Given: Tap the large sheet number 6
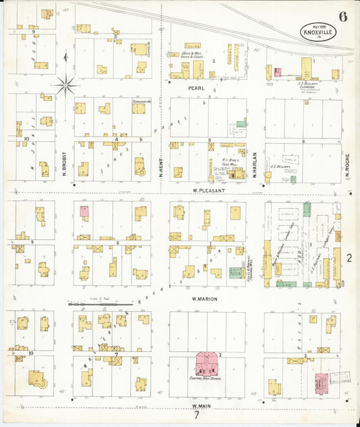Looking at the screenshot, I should pyautogui.click(x=343, y=17).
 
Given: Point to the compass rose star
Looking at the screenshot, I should pyautogui.click(x=66, y=84).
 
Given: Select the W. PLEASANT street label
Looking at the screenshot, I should pyautogui.click(x=207, y=191).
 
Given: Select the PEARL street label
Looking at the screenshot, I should pyautogui.click(x=197, y=88).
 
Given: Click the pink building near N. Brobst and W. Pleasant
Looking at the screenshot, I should pyautogui.click(x=84, y=211).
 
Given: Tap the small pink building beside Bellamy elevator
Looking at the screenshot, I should pyautogui.click(x=277, y=72).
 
